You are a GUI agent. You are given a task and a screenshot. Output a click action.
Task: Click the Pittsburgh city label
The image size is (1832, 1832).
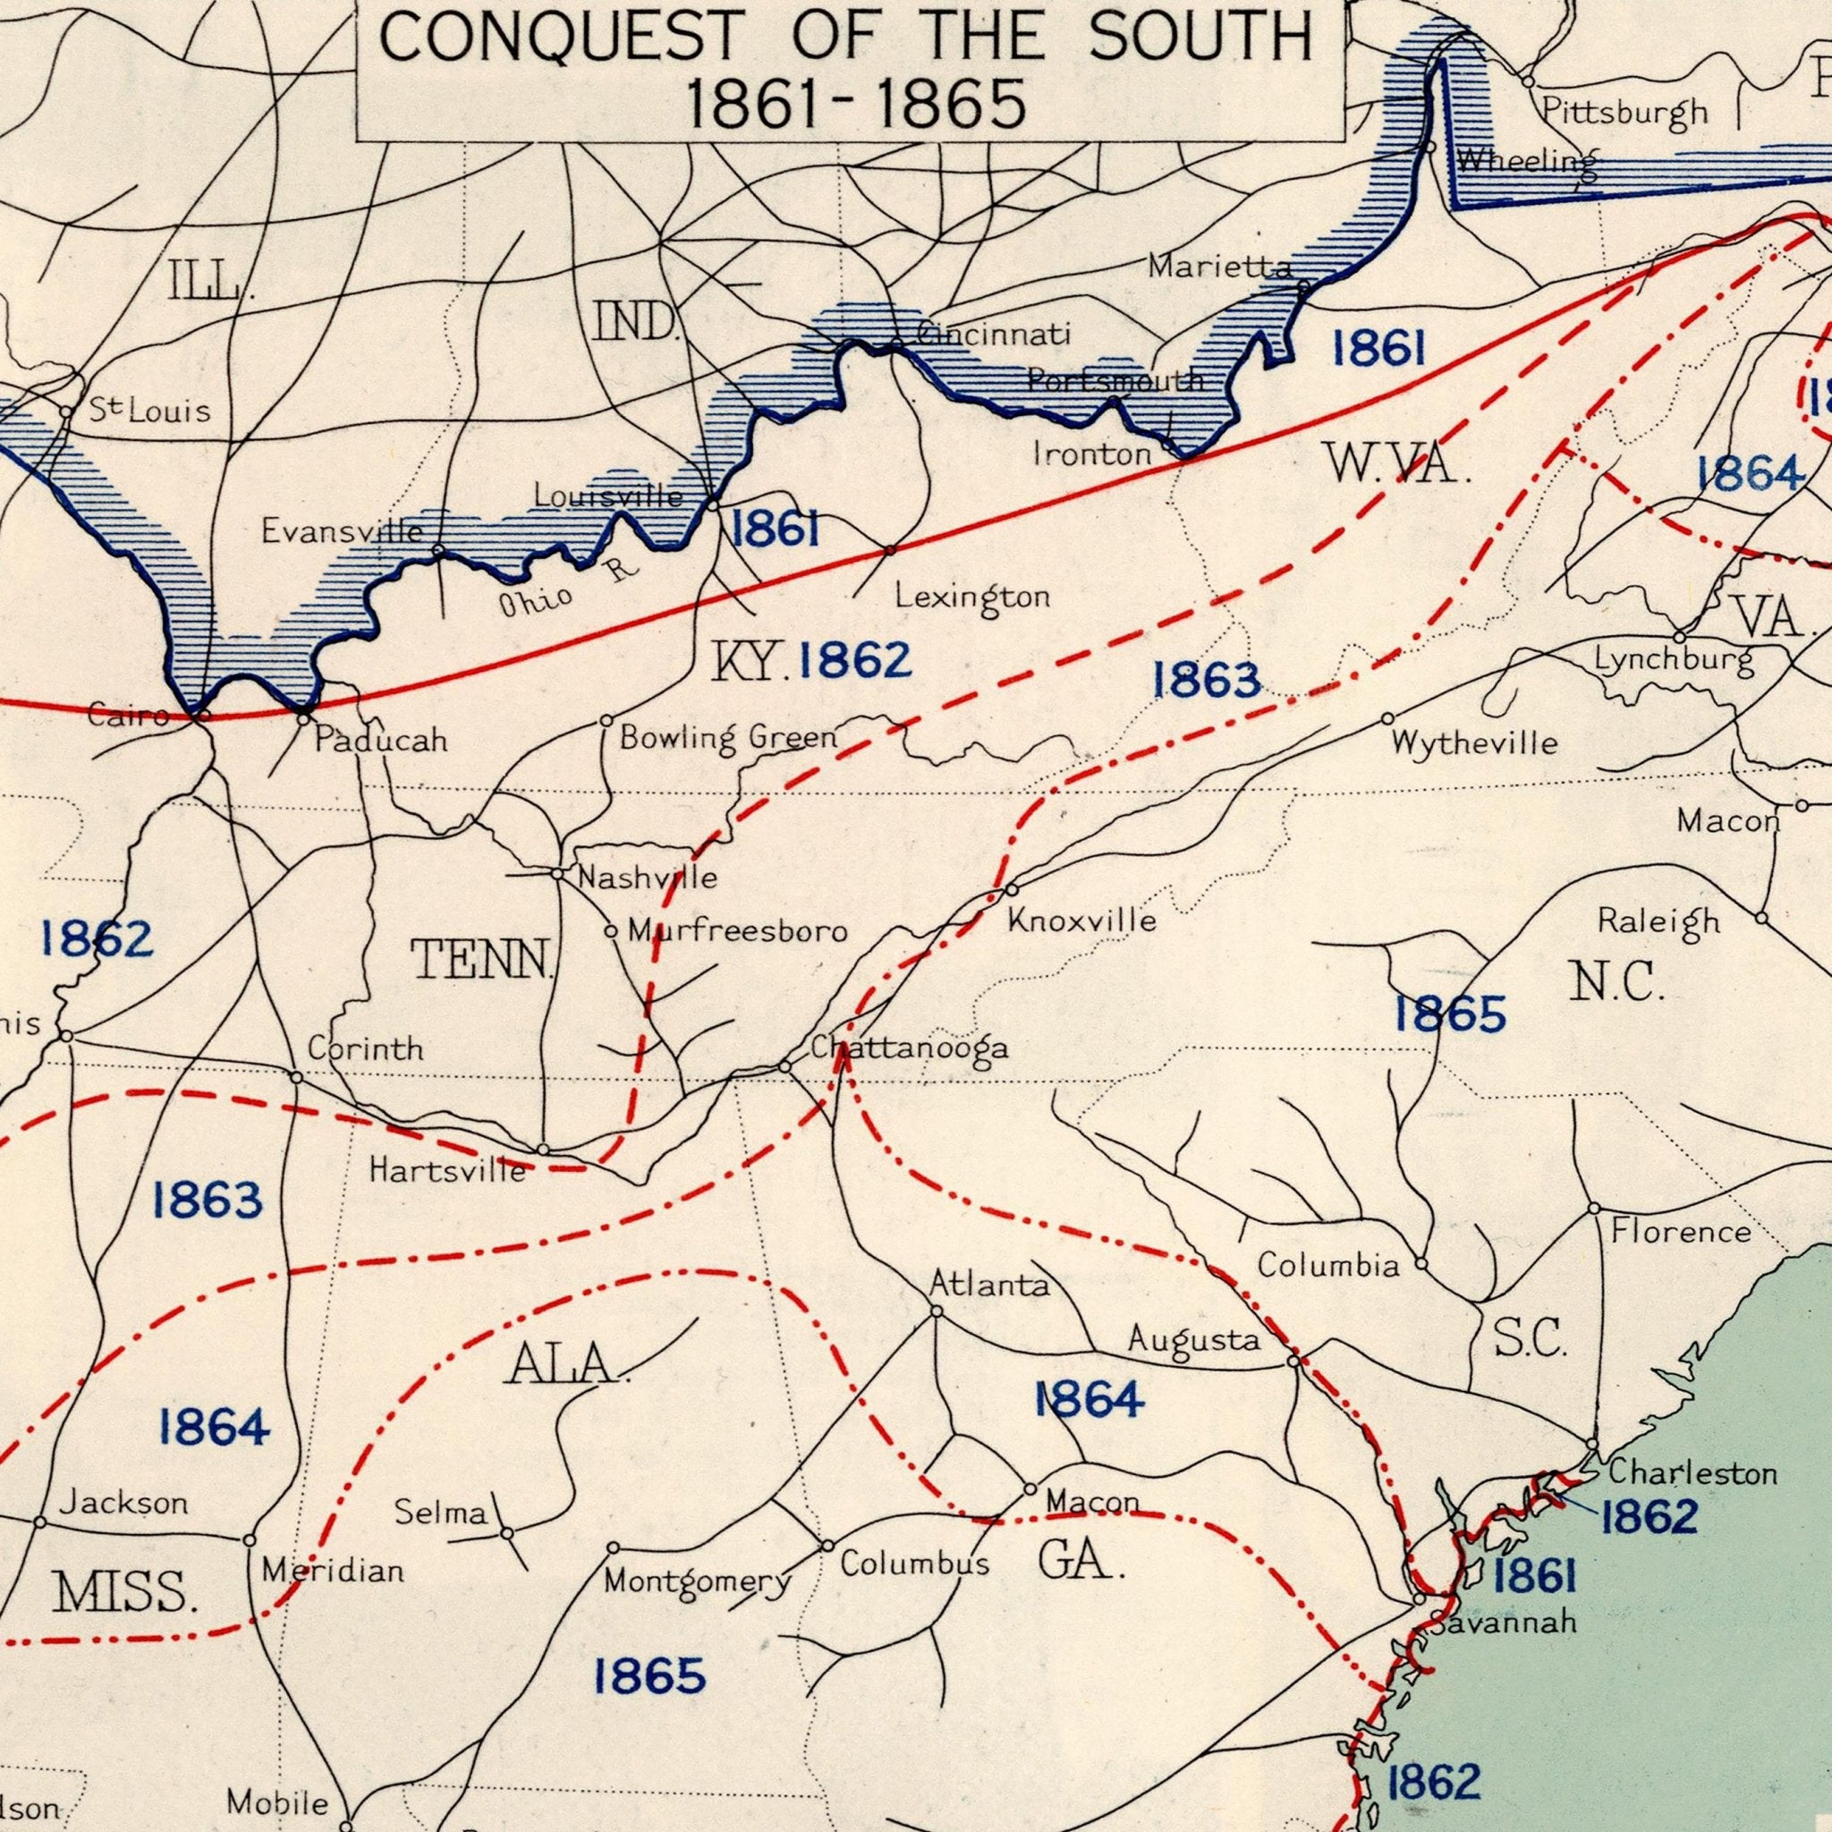click(1624, 113)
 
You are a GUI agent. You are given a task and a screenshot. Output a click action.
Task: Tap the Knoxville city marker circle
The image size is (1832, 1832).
click(1011, 890)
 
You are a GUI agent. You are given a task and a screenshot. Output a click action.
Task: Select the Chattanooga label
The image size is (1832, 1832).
click(909, 1047)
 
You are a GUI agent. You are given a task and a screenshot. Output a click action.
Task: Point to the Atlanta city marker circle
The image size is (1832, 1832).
click(935, 1311)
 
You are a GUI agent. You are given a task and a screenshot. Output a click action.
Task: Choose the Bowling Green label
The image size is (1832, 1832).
click(728, 738)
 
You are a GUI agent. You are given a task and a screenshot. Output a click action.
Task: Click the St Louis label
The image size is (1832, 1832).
click(148, 411)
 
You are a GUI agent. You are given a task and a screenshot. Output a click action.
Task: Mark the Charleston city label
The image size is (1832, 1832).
click(1692, 1472)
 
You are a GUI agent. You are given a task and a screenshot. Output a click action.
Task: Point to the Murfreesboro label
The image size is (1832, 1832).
click(737, 932)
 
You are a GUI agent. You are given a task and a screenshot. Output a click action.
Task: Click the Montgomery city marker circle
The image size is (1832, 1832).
click(613, 1548)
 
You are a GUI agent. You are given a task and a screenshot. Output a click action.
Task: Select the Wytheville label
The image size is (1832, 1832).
click(1474, 742)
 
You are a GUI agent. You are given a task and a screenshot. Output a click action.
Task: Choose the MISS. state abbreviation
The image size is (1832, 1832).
click(125, 1592)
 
